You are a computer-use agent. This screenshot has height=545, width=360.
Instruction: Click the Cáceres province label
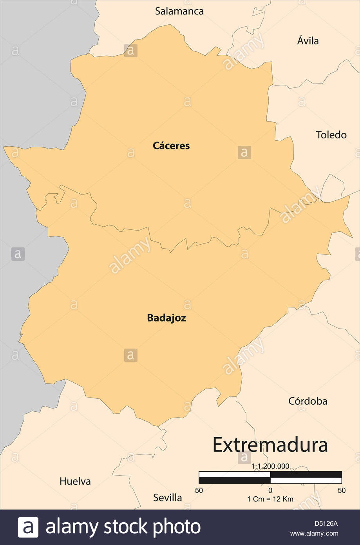pyautogui.click(x=171, y=146)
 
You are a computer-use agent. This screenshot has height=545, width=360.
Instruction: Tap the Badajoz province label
pyautogui.click(x=166, y=318)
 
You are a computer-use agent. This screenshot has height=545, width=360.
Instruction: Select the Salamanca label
pyautogui.click(x=179, y=11)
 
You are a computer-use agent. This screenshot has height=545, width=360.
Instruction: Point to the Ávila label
pyautogui.click(x=308, y=41)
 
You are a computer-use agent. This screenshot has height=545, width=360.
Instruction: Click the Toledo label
pyautogui.click(x=331, y=135)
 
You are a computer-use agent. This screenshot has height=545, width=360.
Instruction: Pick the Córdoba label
pyautogui.click(x=308, y=401)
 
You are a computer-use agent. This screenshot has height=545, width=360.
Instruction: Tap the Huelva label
pyautogui.click(x=75, y=481)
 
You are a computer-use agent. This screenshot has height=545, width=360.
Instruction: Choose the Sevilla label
pyautogui.click(x=167, y=498)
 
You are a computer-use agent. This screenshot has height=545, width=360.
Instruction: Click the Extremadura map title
pyautogui.click(x=270, y=445)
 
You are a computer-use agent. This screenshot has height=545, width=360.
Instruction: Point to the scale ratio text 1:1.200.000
pyautogui.click(x=270, y=466)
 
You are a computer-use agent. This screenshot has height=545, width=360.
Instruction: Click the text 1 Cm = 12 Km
pyautogui.click(x=270, y=499)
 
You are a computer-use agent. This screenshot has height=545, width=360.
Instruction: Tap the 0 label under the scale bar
pyautogui.click(x=270, y=490)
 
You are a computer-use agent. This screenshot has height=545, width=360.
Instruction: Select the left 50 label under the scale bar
pyautogui.click(x=199, y=490)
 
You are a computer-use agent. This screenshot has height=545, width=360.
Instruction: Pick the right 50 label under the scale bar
pyautogui.click(x=342, y=490)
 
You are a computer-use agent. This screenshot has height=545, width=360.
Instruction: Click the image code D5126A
pyautogui.click(x=326, y=523)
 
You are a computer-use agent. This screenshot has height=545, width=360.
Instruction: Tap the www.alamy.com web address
pyautogui.click(x=314, y=533)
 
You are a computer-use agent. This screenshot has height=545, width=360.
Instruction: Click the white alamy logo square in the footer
pyautogui.click(x=28, y=527)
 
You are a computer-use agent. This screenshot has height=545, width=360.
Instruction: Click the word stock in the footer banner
pyautogui.click(x=125, y=527)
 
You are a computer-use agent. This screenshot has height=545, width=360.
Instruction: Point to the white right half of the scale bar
pyautogui.click(x=306, y=480)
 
